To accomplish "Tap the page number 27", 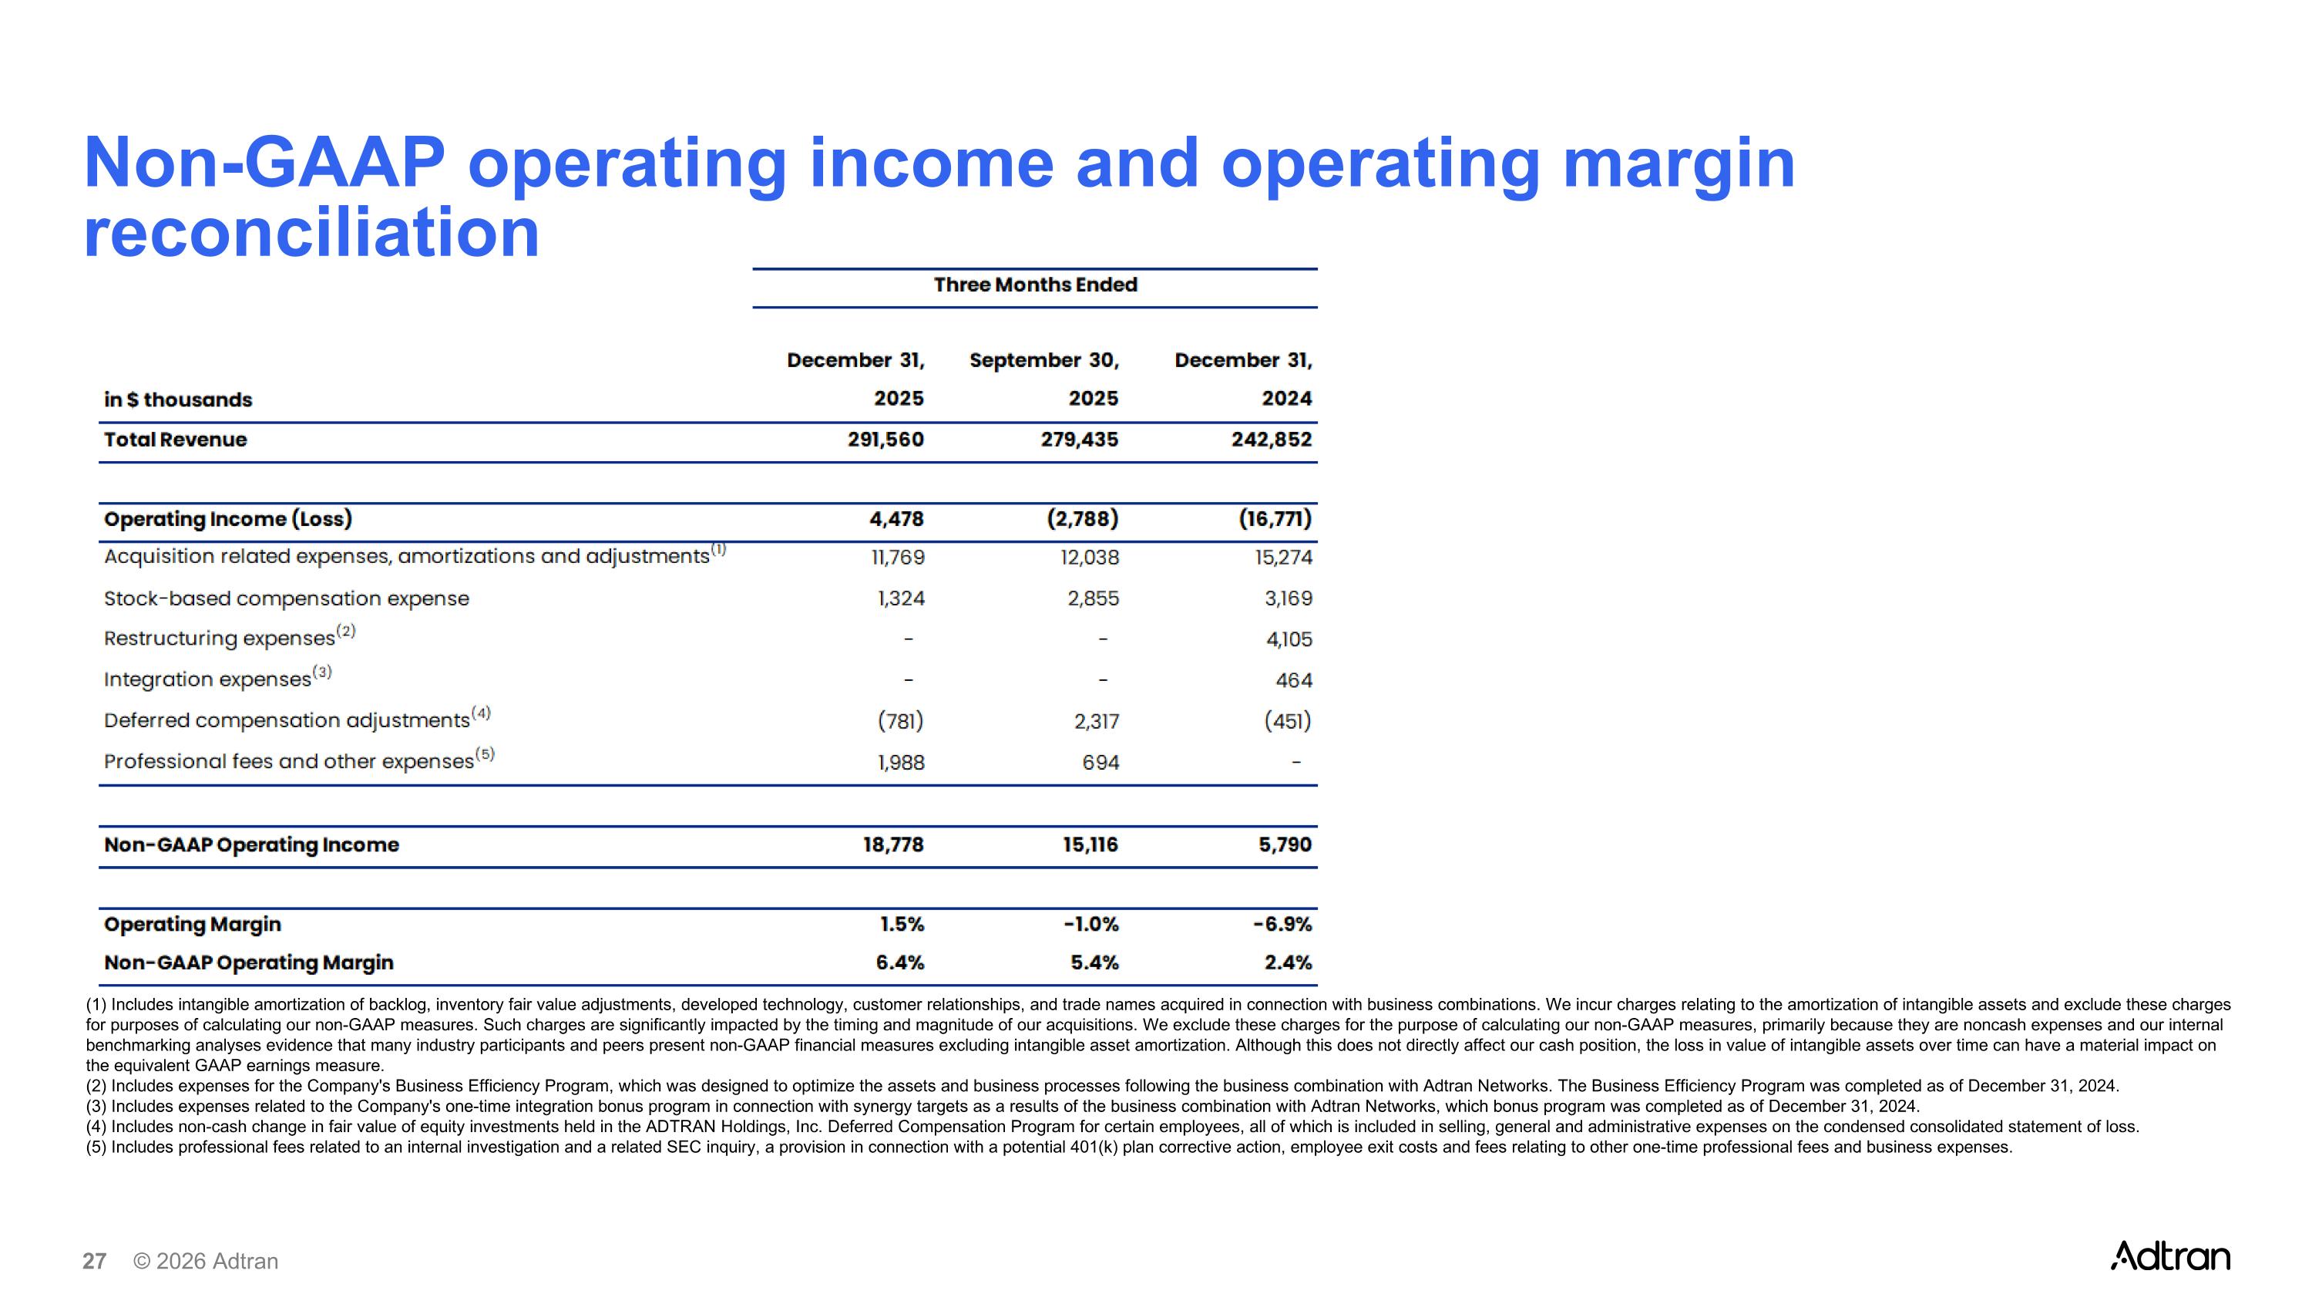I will [x=94, y=1262].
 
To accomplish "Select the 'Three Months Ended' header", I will [x=1035, y=285].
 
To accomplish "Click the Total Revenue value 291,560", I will [x=885, y=440].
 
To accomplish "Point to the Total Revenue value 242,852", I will [x=1271, y=440].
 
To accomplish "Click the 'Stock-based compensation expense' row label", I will [x=287, y=599].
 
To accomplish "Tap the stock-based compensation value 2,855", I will [x=1092, y=599].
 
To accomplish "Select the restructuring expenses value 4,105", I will [x=1289, y=639].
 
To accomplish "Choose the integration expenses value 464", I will [x=1293, y=681].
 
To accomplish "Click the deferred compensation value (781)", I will [x=900, y=721].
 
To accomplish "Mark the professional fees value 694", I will [x=1101, y=762].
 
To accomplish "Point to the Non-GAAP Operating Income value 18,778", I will [x=893, y=845].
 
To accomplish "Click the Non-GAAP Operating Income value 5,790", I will [x=1285, y=845].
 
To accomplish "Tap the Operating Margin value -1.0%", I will [x=1090, y=924].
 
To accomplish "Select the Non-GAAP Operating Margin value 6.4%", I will [x=899, y=962].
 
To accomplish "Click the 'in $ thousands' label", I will [x=178, y=399].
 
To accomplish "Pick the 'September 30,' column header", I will [x=1043, y=360].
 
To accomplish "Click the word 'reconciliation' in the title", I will [x=311, y=234].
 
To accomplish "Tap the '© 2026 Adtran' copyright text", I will [x=206, y=1262].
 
